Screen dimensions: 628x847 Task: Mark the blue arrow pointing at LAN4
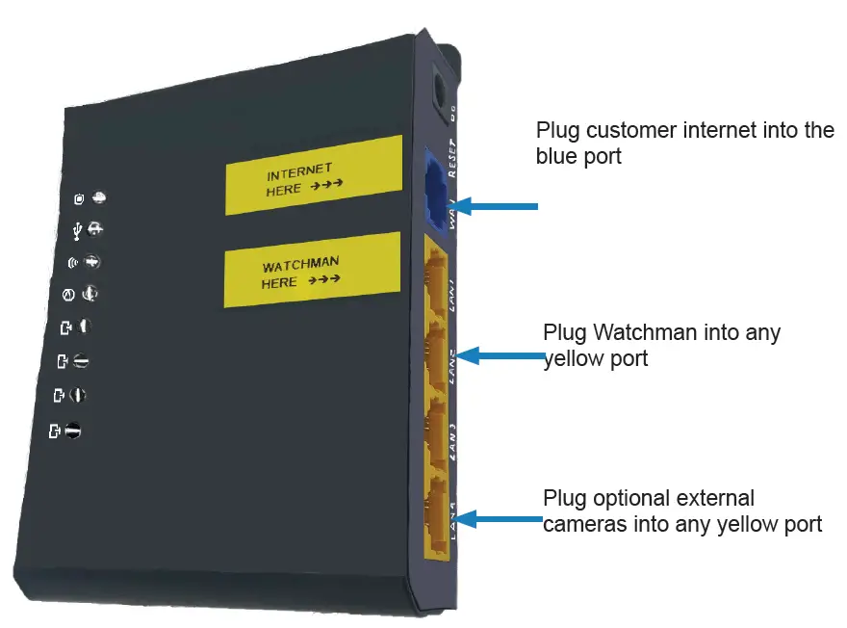pyautogui.click(x=500, y=520)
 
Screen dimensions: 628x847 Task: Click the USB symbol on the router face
pyautogui.click(x=77, y=230)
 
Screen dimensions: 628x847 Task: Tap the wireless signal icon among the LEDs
pyautogui.click(x=72, y=262)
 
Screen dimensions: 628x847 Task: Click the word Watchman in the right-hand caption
pyautogui.click(x=640, y=333)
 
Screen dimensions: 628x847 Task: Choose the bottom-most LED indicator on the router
pyautogui.click(x=72, y=432)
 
